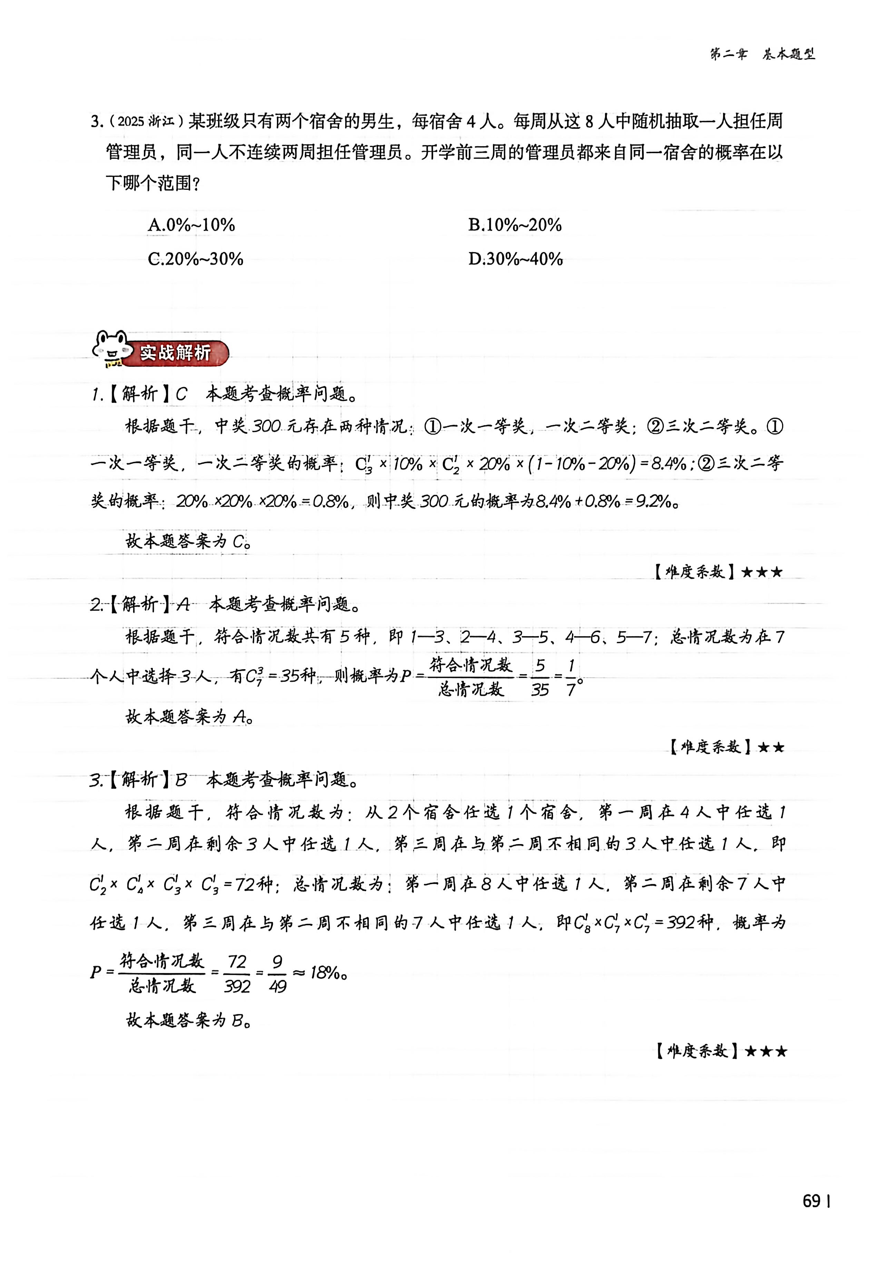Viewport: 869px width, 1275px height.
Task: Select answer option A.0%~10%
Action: (x=191, y=225)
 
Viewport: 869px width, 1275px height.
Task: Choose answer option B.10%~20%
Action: (x=515, y=225)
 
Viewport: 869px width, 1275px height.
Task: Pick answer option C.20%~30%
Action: (x=195, y=259)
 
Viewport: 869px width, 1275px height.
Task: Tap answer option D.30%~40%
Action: (x=515, y=259)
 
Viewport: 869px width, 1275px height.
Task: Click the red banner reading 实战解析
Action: (x=176, y=353)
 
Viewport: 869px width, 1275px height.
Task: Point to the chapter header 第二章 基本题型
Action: (x=762, y=54)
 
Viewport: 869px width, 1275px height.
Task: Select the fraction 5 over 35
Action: (x=540, y=678)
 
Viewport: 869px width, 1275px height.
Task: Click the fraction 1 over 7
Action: (x=571, y=678)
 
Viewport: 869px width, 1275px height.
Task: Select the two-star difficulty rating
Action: (x=771, y=747)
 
